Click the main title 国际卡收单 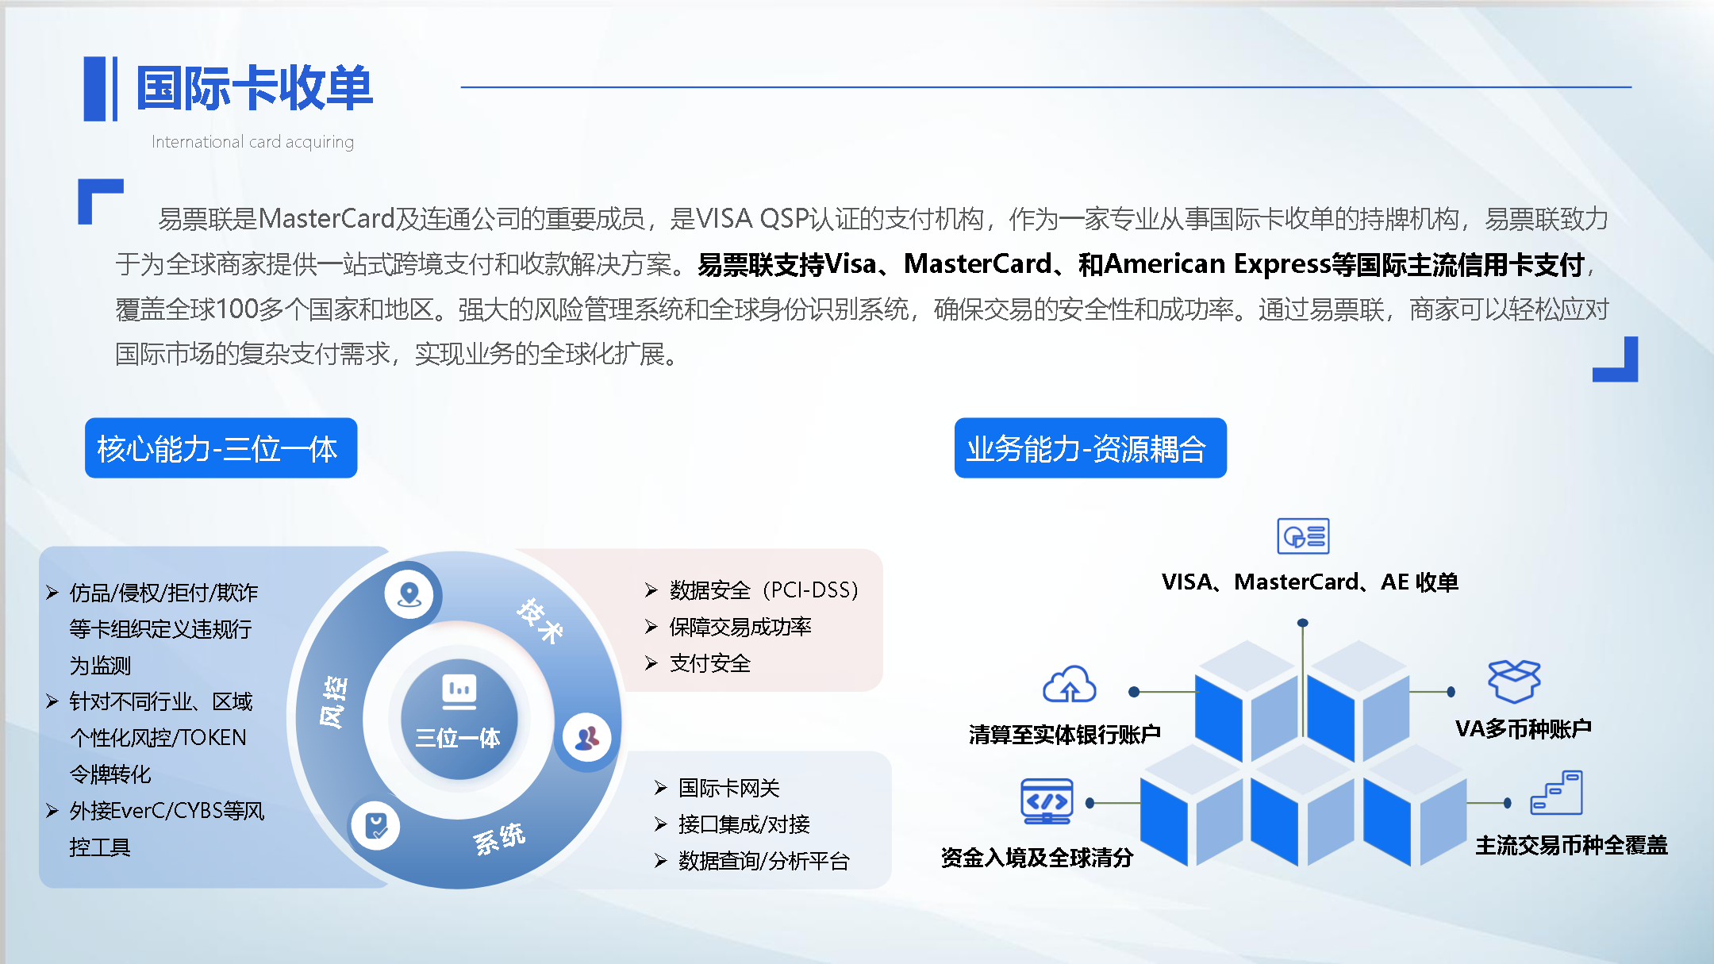255,87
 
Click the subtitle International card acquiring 252,142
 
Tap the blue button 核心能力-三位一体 221,448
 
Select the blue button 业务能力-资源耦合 1090,448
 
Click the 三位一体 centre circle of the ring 459,719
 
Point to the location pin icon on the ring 409,594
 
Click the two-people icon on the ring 587,738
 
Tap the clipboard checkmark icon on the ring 376,826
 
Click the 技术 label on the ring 540,620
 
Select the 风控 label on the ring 333,702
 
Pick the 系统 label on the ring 499,839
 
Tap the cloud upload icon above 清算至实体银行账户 1070,684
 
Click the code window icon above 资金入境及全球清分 1047,801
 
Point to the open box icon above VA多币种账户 1514,681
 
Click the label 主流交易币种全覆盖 1572,846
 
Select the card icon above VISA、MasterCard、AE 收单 1303,536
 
